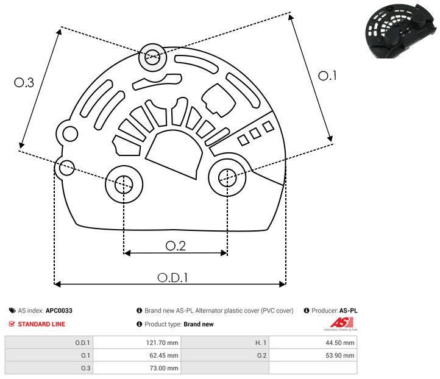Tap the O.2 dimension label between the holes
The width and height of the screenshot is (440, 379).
[176, 246]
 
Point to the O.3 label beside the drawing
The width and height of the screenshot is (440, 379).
[24, 83]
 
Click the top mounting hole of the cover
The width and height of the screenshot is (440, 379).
[151, 58]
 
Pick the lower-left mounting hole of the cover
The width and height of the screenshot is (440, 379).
[124, 183]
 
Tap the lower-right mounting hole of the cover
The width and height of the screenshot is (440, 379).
[227, 177]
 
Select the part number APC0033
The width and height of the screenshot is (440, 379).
[59, 311]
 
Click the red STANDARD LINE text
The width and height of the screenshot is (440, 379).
[41, 324]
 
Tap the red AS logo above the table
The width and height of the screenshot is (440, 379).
[338, 323]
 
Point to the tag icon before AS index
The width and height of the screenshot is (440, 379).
[12, 311]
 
